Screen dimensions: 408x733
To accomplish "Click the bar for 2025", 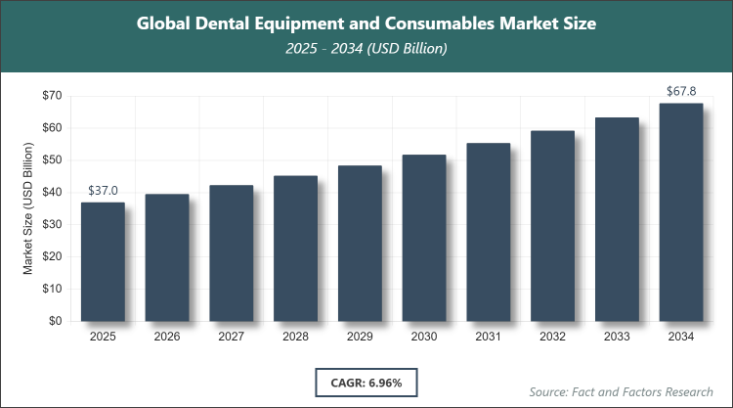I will pos(103,261).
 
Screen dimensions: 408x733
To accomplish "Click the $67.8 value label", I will pos(681,91).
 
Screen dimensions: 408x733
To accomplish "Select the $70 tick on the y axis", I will pos(52,96).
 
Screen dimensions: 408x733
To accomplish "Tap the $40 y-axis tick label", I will pos(52,193).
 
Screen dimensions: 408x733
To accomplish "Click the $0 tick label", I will pos(56,321).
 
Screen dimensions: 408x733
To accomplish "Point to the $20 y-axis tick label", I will pos(52,256).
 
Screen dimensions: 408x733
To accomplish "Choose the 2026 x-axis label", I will pos(167,337).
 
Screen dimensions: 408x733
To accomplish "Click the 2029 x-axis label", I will pos(360,337).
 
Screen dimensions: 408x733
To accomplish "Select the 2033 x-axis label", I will pos(617,337).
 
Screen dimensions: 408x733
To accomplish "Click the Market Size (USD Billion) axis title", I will pos(28,207).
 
